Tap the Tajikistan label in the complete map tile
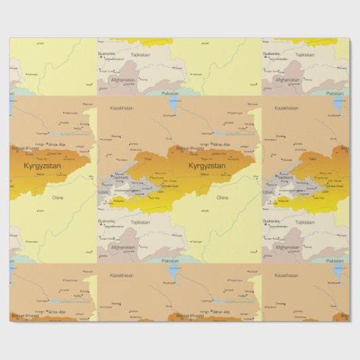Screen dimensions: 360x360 [x=140, y=222]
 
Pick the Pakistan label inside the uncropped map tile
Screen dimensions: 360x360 [x=170, y=261]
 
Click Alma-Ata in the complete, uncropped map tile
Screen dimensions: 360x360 [x=221, y=145]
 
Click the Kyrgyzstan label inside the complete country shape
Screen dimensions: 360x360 [x=206, y=165]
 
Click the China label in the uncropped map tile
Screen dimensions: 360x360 [x=222, y=198]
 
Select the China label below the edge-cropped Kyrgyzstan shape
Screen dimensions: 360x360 [x=58, y=198]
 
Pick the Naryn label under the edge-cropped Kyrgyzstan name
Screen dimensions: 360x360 [x=39, y=175]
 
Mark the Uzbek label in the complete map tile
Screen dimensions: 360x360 [x=105, y=192]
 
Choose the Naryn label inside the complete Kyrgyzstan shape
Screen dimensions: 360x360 [x=203, y=175]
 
